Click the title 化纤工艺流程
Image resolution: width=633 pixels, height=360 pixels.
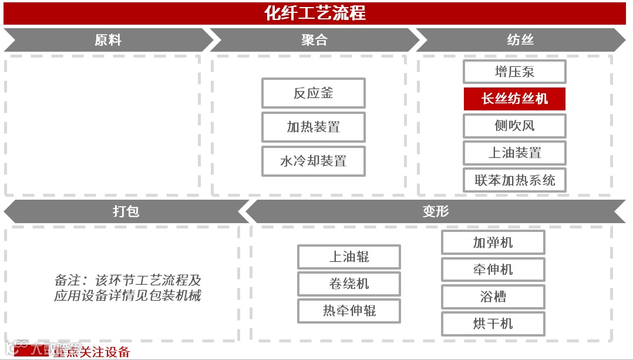coord(315,12)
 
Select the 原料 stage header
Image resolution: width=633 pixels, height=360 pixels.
coord(108,40)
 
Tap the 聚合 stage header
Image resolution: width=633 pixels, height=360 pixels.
coord(315,40)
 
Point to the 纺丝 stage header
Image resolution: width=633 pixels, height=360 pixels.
coord(520,40)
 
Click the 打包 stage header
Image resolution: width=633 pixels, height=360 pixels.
coord(126,211)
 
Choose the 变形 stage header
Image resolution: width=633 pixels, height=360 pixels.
coord(435,211)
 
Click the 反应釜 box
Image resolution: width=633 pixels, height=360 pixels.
coord(314,93)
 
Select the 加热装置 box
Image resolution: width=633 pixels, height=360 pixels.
coord(314,127)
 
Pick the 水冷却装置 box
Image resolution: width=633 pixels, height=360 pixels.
coord(314,161)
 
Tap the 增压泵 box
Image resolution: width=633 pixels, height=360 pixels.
coord(514,72)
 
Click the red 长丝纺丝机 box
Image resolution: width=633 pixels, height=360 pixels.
coord(514,99)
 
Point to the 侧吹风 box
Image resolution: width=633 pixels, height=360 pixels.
coord(514,126)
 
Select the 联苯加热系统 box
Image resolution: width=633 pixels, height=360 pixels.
coord(514,180)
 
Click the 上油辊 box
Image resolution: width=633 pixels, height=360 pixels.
coord(349,257)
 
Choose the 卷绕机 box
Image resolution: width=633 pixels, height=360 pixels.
coord(349,284)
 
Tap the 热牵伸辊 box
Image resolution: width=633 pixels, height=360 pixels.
coord(349,311)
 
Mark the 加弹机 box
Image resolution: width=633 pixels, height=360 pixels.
coord(493,243)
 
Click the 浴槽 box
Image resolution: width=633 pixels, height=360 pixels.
coord(493,297)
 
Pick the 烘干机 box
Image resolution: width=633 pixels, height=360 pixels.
coord(493,324)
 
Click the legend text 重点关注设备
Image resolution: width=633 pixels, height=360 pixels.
coord(91,352)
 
